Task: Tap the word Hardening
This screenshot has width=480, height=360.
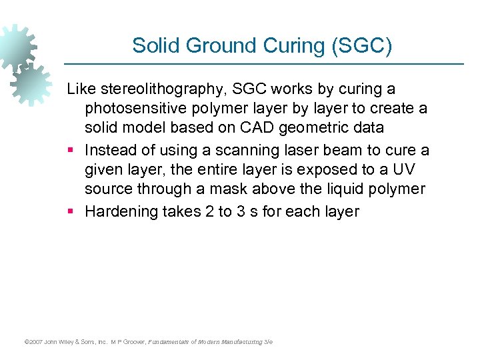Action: pyautogui.click(x=123, y=213)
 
